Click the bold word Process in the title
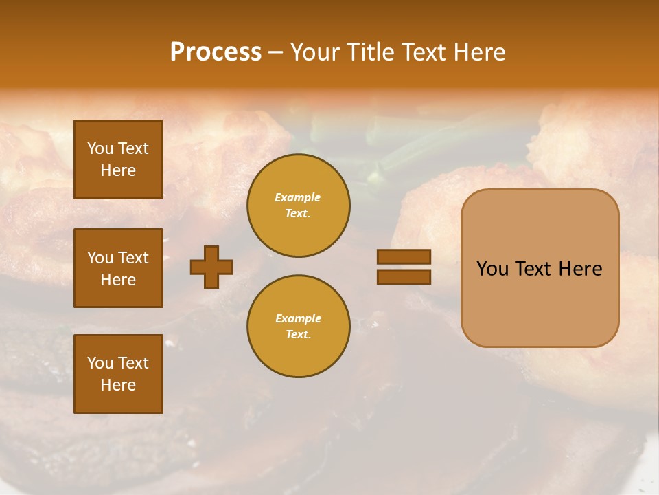pyautogui.click(x=216, y=52)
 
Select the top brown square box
pyautogui.click(x=118, y=159)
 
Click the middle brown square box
pyautogui.click(x=118, y=268)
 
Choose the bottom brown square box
pyautogui.click(x=118, y=374)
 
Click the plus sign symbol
pyautogui.click(x=211, y=267)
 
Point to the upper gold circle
pyautogui.click(x=298, y=205)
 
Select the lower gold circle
pyautogui.click(x=298, y=326)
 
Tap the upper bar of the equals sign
pyautogui.click(x=404, y=257)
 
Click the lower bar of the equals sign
pyautogui.click(x=404, y=276)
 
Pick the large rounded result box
pyautogui.click(x=540, y=268)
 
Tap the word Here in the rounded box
pyautogui.click(x=580, y=269)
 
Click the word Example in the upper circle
pyautogui.click(x=298, y=197)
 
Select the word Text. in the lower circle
pyautogui.click(x=298, y=334)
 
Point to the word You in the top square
pyautogui.click(x=100, y=148)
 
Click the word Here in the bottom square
pyautogui.click(x=118, y=385)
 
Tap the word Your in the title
pyautogui.click(x=312, y=52)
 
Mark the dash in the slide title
pyautogui.click(x=275, y=53)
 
